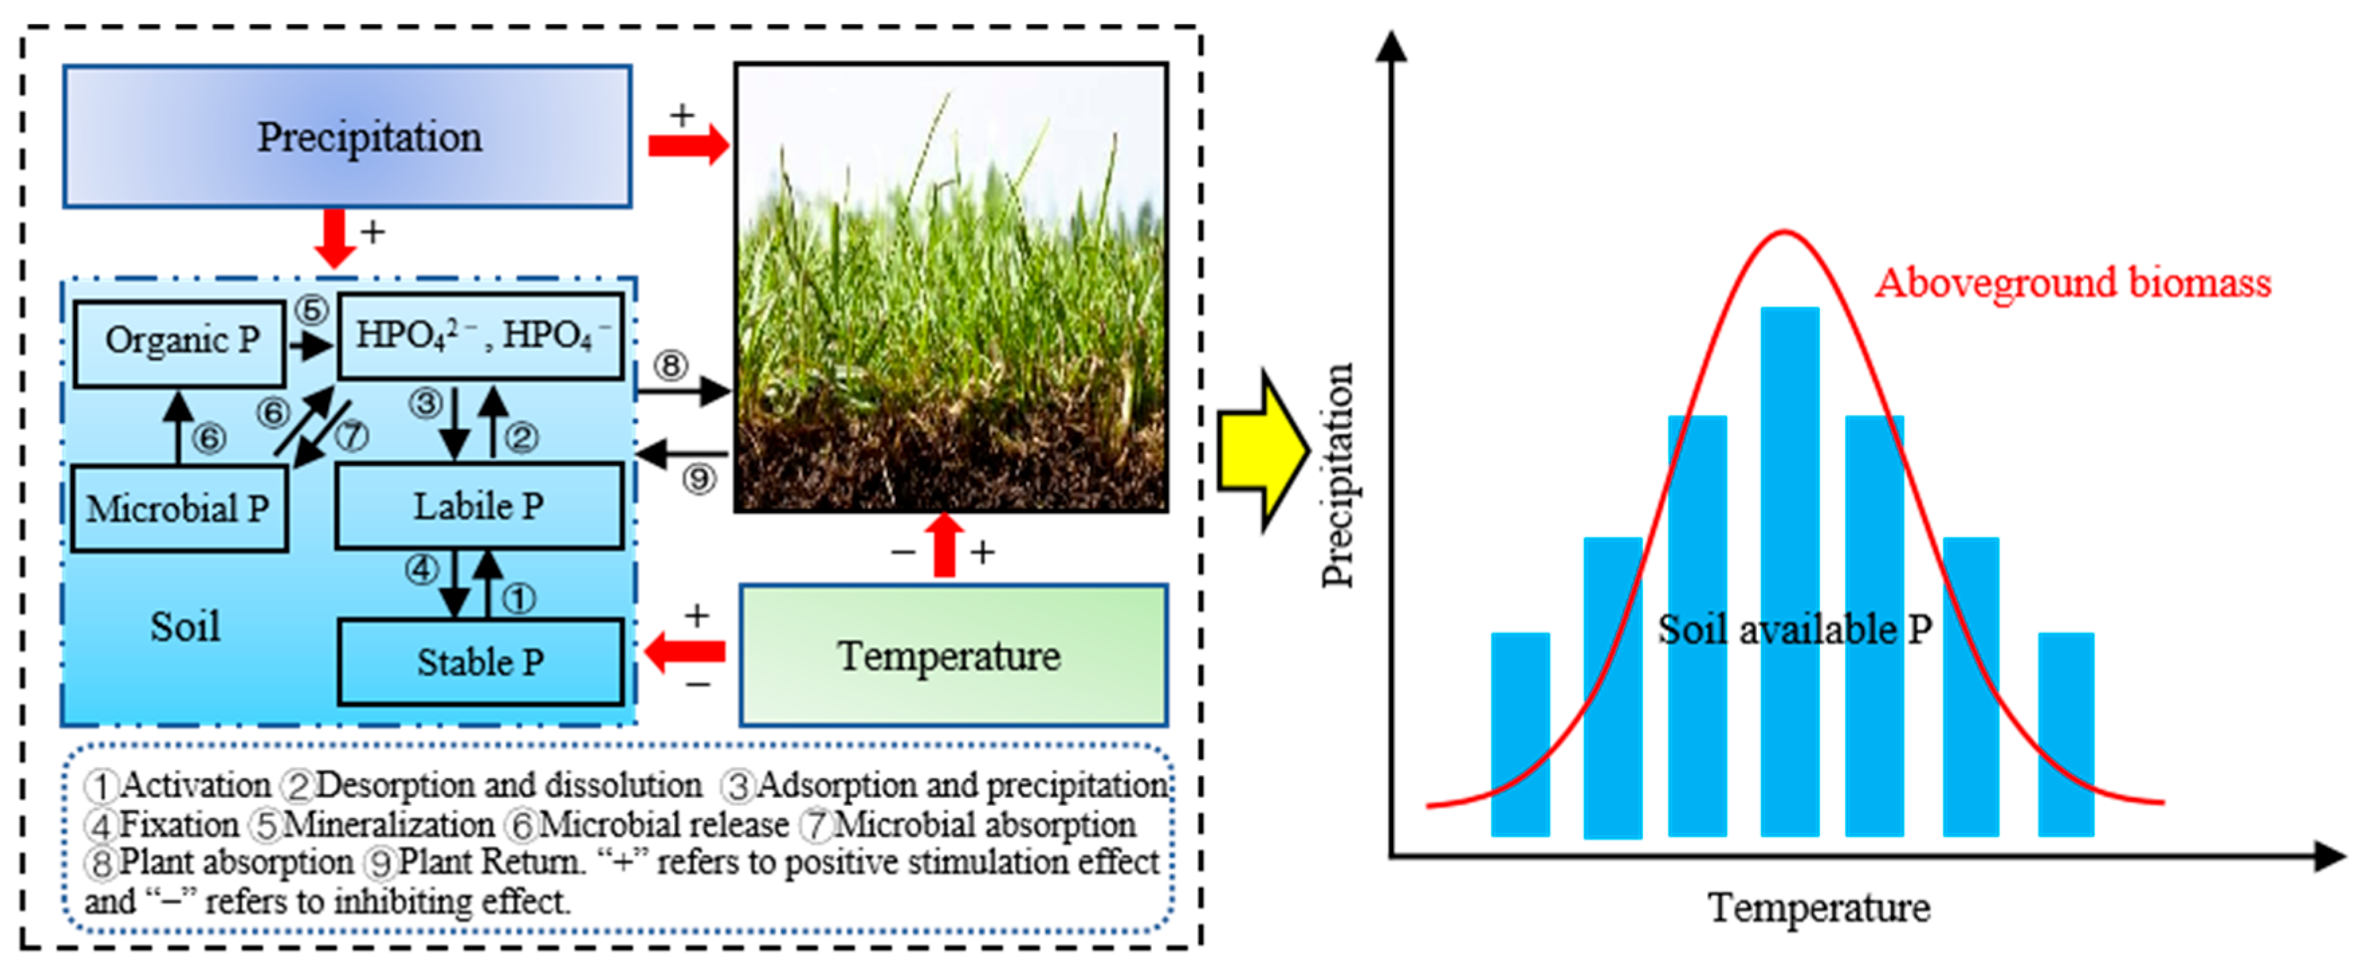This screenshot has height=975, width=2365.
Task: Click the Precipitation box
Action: click(347, 137)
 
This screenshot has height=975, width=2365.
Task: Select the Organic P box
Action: click(180, 341)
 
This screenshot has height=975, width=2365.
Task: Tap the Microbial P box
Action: click(179, 508)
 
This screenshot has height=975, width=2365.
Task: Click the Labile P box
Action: click(478, 506)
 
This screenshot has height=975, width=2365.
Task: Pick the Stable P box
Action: click(480, 662)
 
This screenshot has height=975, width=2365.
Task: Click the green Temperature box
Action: click(952, 656)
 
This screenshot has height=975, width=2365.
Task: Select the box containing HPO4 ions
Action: click(480, 335)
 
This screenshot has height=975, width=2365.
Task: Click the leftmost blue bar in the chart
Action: click(1519, 734)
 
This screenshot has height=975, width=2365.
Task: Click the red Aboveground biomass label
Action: click(2072, 284)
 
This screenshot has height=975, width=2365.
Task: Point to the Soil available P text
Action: click(1793, 630)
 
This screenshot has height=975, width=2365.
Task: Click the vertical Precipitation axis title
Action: click(1338, 475)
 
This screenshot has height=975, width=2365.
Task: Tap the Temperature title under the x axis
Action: click(1818, 908)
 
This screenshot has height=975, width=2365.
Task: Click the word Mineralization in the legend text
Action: click(388, 824)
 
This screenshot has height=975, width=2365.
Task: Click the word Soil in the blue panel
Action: click(186, 627)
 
